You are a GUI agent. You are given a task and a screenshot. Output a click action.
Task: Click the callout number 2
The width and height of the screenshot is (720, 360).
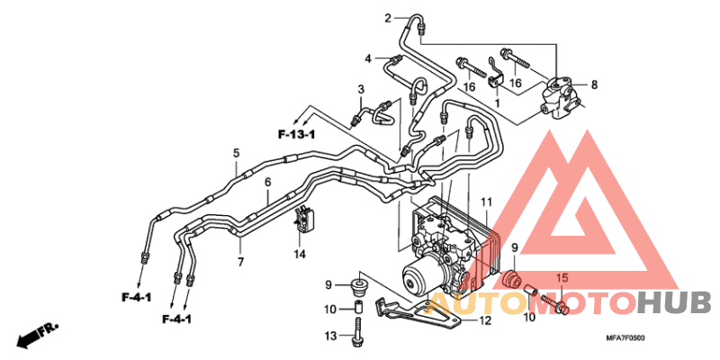(x=389, y=18)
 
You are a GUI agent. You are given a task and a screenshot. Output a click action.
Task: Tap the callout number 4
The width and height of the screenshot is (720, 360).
(x=368, y=59)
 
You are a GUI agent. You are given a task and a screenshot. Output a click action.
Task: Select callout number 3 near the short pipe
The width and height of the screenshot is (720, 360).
(x=360, y=89)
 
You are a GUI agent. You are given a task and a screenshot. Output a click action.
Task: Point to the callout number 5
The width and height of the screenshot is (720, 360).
(x=236, y=154)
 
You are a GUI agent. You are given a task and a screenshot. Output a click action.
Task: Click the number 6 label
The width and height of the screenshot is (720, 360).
(x=267, y=184)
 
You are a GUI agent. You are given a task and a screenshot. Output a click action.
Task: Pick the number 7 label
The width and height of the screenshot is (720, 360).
(x=240, y=262)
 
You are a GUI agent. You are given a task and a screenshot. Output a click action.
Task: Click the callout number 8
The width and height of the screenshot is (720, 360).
(x=594, y=85)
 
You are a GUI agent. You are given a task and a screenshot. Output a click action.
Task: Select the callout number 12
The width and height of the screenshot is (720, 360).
(x=485, y=319)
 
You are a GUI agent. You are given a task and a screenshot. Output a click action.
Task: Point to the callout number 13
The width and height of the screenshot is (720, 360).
(x=330, y=337)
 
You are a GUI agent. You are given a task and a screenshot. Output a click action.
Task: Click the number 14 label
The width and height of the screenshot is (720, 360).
(x=301, y=255)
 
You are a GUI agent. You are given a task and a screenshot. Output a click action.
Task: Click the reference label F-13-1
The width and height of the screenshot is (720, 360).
(x=296, y=134)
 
